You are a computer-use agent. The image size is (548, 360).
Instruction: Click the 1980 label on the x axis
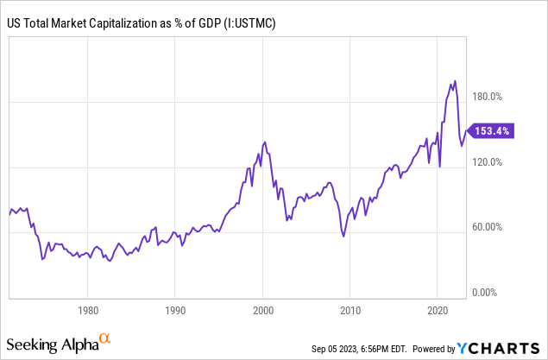[86, 309]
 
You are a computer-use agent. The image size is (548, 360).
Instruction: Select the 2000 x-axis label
[262, 309]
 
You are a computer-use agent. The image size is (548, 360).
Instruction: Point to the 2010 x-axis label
[350, 309]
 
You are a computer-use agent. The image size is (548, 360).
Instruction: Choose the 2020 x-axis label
[438, 309]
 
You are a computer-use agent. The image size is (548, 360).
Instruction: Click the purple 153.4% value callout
[493, 131]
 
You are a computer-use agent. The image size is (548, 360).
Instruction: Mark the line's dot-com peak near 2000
[264, 142]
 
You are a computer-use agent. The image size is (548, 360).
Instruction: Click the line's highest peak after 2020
[455, 81]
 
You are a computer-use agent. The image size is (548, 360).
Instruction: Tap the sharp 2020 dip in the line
[440, 166]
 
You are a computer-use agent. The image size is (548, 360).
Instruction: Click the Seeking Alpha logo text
[54, 345]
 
